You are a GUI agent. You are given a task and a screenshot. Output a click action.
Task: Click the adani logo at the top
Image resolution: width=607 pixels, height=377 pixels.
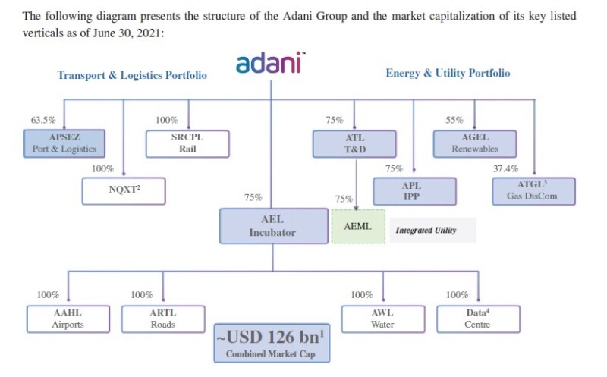pyautogui.click(x=271, y=64)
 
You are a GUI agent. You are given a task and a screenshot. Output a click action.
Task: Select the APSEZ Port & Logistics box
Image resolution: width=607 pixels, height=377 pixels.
pyautogui.click(x=64, y=143)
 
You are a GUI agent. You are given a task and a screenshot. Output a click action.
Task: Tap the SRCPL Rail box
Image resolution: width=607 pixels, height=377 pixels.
pyautogui.click(x=187, y=143)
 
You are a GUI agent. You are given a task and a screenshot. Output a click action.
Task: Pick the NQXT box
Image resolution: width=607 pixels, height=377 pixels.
pyautogui.click(x=123, y=190)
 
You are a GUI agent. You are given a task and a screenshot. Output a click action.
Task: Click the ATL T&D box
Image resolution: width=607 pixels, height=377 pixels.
pyautogui.click(x=354, y=143)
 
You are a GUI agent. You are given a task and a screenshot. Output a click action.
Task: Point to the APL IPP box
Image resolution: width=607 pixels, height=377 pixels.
pyautogui.click(x=414, y=191)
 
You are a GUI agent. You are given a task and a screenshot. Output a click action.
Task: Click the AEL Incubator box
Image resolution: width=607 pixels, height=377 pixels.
pyautogui.click(x=272, y=226)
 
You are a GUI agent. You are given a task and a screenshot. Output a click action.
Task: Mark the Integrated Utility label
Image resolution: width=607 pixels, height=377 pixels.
pyautogui.click(x=426, y=230)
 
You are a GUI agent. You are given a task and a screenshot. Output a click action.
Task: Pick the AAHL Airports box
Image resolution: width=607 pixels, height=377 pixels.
pyautogui.click(x=67, y=319)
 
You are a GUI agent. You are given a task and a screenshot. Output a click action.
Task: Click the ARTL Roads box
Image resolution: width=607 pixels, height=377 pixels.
pyautogui.click(x=162, y=319)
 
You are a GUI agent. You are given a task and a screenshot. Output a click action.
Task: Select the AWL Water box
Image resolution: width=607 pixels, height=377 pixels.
pyautogui.click(x=382, y=319)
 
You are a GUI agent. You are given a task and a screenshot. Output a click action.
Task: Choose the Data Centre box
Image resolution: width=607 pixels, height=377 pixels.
pyautogui.click(x=478, y=319)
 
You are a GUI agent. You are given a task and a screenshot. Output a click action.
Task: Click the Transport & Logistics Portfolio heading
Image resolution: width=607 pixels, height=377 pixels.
pyautogui.click(x=132, y=75)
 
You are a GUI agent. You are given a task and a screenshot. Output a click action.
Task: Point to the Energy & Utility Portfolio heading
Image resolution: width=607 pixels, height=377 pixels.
pyautogui.click(x=448, y=74)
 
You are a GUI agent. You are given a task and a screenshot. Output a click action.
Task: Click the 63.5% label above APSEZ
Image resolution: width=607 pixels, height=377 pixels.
pyautogui.click(x=42, y=120)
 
